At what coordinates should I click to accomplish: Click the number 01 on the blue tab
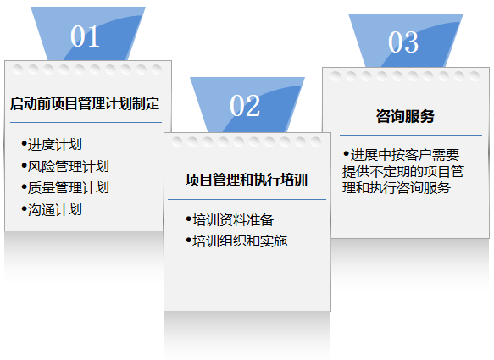point(85,36)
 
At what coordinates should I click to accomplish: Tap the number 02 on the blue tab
point(245,106)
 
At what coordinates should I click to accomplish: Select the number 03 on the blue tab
point(403,42)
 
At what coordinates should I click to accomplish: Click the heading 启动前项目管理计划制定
point(85,103)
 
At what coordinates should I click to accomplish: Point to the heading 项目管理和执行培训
point(247,180)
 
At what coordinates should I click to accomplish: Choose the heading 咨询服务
point(405,116)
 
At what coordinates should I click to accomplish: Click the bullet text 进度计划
point(55,145)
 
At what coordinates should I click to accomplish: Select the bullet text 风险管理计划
point(69,166)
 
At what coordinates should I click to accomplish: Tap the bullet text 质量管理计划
point(69,188)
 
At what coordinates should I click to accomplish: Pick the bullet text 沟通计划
point(55,209)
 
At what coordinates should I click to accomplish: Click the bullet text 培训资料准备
point(233,220)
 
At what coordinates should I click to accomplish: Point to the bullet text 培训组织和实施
point(240,241)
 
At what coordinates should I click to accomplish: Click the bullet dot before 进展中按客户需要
point(347,154)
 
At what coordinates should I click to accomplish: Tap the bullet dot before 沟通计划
point(24,208)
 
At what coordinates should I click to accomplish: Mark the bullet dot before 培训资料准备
point(189,219)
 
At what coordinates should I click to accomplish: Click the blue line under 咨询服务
point(411,136)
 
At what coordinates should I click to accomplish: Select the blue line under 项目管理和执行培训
point(247,199)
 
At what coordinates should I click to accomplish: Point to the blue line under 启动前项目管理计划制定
point(86,122)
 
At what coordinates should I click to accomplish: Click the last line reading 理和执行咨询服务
point(397,188)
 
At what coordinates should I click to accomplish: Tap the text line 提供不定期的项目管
point(403,171)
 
